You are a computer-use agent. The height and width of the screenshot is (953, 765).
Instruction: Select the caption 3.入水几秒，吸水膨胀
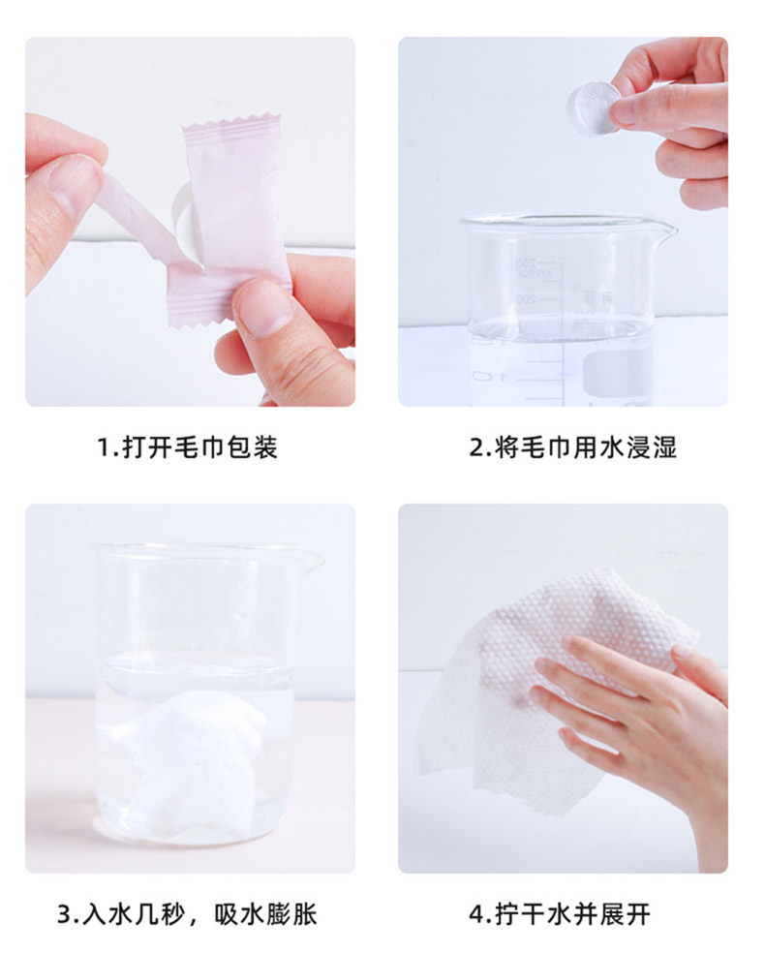[x=187, y=914]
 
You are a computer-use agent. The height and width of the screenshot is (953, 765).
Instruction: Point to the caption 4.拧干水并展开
[x=560, y=914]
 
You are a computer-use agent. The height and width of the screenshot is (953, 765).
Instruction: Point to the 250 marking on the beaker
[x=526, y=263]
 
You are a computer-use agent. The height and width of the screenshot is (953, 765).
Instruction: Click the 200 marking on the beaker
[x=526, y=299]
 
